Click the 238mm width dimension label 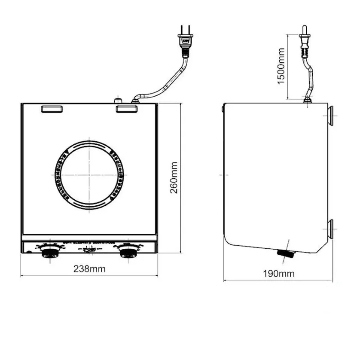point(89,269)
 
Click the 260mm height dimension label point(174,177)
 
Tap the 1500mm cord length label point(281,66)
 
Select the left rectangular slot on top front point(52,109)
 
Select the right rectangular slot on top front point(126,109)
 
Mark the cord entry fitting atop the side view point(308,100)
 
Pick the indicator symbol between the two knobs point(89,251)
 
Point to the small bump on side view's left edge point(222,108)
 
